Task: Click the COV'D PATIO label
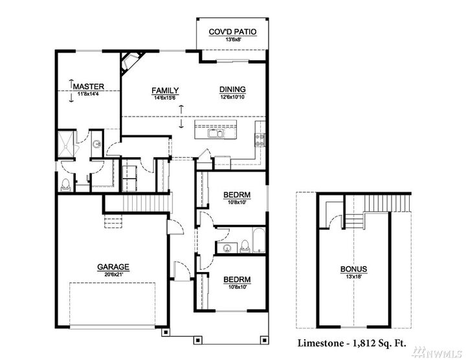[231, 32]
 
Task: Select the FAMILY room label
[165, 91]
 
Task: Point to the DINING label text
[232, 91]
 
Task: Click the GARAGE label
[113, 266]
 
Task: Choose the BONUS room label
[353, 269]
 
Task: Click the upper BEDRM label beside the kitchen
[237, 194]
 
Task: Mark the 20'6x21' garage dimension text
[113, 274]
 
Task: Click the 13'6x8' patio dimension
[231, 40]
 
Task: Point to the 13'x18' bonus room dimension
[353, 276]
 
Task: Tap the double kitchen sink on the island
[216, 135]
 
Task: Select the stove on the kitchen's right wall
[261, 137]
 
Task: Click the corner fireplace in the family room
[131, 62]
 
